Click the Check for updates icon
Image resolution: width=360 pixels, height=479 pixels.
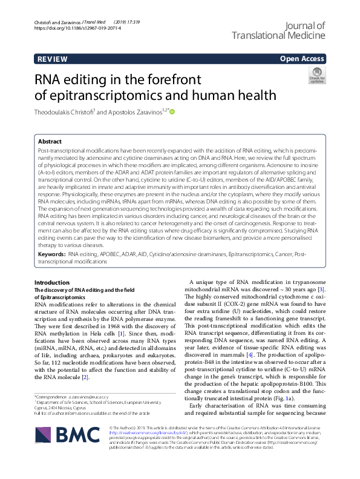click(x=317, y=76)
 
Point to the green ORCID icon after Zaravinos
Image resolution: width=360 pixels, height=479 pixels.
click(x=172, y=111)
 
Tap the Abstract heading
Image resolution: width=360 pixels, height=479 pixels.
click(x=50, y=140)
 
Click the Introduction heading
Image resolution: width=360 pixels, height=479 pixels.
click(x=52, y=283)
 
